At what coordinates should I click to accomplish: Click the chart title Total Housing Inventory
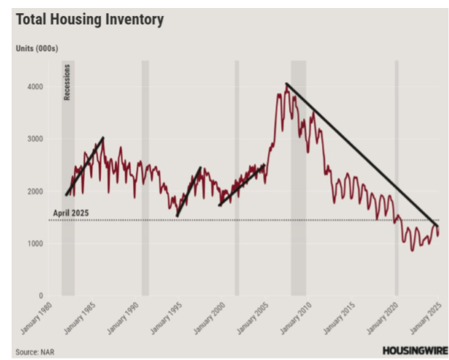pyautogui.click(x=89, y=20)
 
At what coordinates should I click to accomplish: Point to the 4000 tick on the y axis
pyautogui.click(x=34, y=86)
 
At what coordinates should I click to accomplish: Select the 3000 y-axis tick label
pyautogui.click(x=34, y=139)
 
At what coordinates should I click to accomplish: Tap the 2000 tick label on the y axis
pyautogui.click(x=34, y=192)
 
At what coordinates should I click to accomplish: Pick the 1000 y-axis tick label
pyautogui.click(x=34, y=244)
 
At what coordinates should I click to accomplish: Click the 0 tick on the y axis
pyautogui.click(x=41, y=296)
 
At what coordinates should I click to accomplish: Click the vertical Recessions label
pyautogui.click(x=68, y=82)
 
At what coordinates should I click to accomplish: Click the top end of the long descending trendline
pyautogui.click(x=287, y=84)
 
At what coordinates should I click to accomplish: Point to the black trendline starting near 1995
pyautogui.click(x=188, y=192)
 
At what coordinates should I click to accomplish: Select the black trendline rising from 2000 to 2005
pyautogui.click(x=242, y=185)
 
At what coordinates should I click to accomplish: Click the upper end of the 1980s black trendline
pyautogui.click(x=103, y=138)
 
